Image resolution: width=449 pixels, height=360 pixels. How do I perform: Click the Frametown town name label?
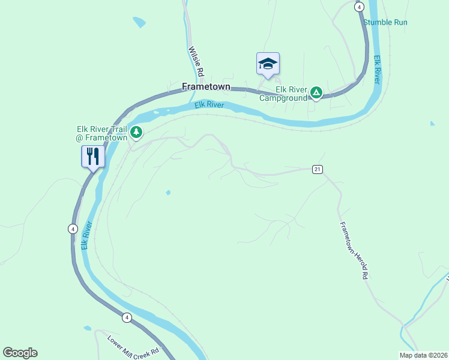pyautogui.click(x=206, y=86)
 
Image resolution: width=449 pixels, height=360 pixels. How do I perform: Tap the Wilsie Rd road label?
pyautogui.click(x=196, y=62)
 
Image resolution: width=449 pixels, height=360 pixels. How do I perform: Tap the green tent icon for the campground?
pyautogui.click(x=316, y=93)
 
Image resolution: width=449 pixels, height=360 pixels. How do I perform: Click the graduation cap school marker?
pyautogui.click(x=268, y=63)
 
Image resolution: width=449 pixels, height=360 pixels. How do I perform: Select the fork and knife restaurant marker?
pyautogui.click(x=93, y=157)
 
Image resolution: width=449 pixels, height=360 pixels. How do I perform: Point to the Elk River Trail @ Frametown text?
pyautogui.click(x=101, y=133)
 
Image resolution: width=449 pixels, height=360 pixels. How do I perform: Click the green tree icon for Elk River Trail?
pyautogui.click(x=137, y=131)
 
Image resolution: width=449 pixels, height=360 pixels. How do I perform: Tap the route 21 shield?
pyautogui.click(x=317, y=169)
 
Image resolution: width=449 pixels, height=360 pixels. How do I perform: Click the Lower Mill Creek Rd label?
pyautogui.click(x=134, y=345)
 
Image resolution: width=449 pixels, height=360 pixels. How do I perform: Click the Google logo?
pyautogui.click(x=20, y=353)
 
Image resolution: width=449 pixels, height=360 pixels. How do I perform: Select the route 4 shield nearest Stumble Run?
pyautogui.click(x=359, y=7)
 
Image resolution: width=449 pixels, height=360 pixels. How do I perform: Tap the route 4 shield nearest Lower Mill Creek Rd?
pyautogui.click(x=127, y=317)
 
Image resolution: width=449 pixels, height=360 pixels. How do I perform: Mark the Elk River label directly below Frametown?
pyautogui.click(x=209, y=106)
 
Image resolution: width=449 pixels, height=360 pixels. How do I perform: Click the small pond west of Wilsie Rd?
pyautogui.click(x=139, y=23)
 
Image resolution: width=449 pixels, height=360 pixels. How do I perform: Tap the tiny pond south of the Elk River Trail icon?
pyautogui.click(x=168, y=193)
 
